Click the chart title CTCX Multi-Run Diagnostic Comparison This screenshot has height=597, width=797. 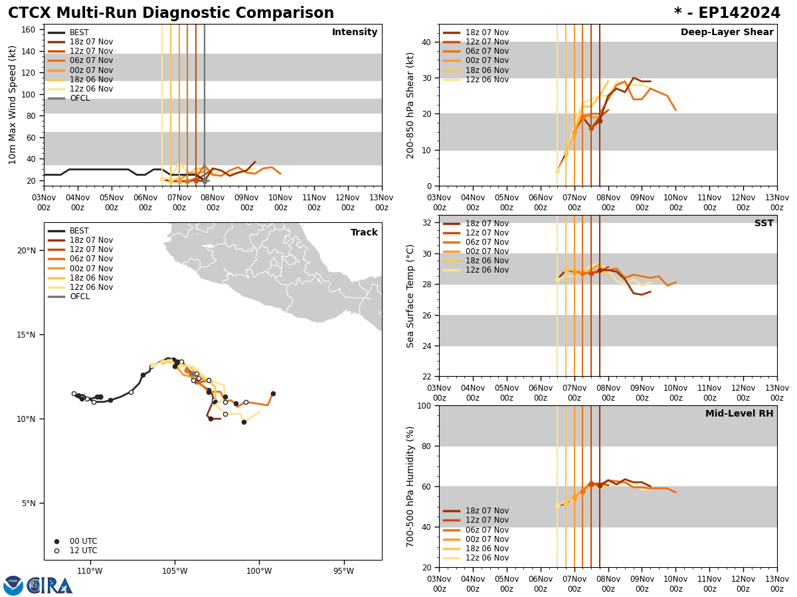171,13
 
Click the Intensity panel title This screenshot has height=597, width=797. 355,33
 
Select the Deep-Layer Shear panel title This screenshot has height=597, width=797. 727,33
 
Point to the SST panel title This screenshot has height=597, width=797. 764,224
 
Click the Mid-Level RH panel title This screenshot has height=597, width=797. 739,414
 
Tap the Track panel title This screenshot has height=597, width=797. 364,233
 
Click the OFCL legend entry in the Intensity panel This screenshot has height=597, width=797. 79,98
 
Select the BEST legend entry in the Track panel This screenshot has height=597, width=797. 79,231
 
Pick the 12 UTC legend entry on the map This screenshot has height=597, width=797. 83,551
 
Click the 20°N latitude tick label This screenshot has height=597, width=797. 26,250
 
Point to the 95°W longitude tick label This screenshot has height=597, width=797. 343,571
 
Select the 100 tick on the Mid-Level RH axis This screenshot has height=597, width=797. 424,405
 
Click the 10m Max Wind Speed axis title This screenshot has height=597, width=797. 13,105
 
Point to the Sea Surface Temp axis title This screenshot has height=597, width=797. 410,296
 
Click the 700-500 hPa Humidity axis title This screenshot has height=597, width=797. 410,486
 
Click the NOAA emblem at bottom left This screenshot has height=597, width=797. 13,586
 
